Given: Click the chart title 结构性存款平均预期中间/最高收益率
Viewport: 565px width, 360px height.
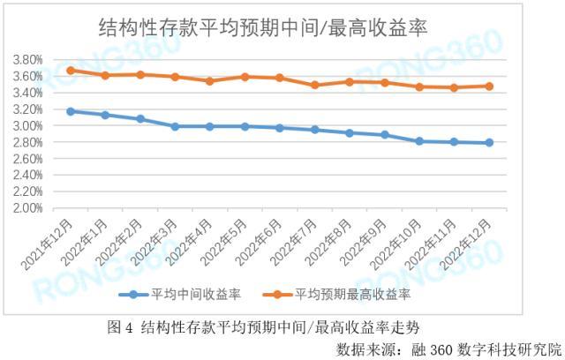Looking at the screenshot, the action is pyautogui.click(x=263, y=27).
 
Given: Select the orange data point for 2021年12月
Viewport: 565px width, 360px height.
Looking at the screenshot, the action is pyautogui.click(x=71, y=71).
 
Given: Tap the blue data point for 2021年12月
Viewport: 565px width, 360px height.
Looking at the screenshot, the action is pyautogui.click(x=71, y=111).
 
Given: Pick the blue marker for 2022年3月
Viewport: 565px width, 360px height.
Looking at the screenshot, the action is pyautogui.click(x=175, y=126).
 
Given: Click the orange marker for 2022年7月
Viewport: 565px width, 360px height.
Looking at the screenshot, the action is pyautogui.click(x=314, y=85).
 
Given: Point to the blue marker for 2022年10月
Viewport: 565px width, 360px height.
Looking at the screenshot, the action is pyautogui.click(x=419, y=141).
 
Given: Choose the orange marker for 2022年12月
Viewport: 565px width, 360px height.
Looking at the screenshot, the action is pyautogui.click(x=489, y=86).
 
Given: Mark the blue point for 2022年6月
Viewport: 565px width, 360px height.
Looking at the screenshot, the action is pyautogui.click(x=280, y=128).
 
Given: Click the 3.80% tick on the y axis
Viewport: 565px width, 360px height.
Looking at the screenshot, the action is pyautogui.click(x=27, y=60).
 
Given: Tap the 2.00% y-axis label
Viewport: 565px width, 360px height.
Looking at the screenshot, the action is pyautogui.click(x=27, y=208).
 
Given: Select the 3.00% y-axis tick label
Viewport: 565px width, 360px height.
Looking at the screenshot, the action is pyautogui.click(x=27, y=125).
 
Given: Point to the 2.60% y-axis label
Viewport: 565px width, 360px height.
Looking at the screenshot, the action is pyautogui.click(x=27, y=159).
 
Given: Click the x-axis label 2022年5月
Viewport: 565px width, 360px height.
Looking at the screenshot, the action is pyautogui.click(x=223, y=242).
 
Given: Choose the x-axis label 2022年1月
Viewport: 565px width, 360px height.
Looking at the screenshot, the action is pyautogui.click(x=85, y=242).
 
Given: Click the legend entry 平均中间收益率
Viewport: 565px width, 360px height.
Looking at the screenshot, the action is pyautogui.click(x=180, y=295).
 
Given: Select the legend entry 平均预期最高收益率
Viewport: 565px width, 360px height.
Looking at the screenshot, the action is pyautogui.click(x=337, y=295).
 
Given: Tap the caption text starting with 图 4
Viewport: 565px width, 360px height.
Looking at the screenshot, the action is pyautogui.click(x=263, y=327).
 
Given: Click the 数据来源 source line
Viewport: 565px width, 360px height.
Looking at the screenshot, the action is pyautogui.click(x=448, y=349).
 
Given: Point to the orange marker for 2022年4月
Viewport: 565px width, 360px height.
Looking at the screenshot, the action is pyautogui.click(x=210, y=81).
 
